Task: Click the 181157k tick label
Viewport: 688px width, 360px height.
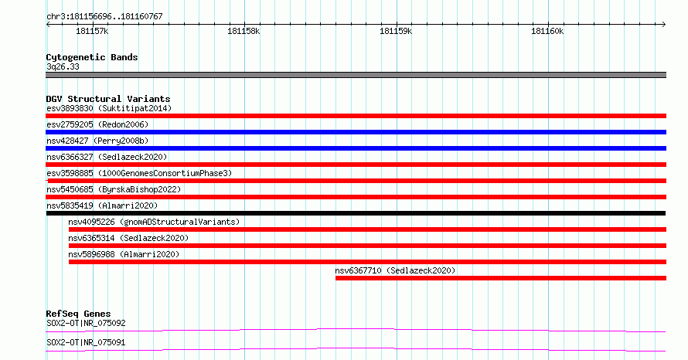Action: click(x=92, y=31)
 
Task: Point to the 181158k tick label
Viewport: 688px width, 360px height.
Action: click(x=244, y=31)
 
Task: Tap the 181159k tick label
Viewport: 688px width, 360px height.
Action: click(x=396, y=31)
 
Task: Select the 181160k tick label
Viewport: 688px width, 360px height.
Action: click(x=547, y=31)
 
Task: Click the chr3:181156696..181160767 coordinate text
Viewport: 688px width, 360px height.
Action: click(x=104, y=16)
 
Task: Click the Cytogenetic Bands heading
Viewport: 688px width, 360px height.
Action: click(x=92, y=57)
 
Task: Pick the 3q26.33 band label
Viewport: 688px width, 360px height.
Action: click(x=63, y=66)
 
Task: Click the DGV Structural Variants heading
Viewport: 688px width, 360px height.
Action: click(x=108, y=99)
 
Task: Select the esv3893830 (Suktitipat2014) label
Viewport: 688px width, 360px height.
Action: click(x=109, y=108)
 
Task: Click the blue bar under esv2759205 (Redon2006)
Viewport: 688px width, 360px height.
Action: click(x=356, y=132)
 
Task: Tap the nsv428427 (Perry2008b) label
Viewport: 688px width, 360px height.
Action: click(x=97, y=141)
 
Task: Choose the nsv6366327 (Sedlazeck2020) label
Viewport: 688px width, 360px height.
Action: click(x=107, y=157)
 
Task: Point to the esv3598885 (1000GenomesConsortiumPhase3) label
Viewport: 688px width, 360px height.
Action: click(x=139, y=173)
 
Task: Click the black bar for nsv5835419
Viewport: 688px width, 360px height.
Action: click(x=356, y=213)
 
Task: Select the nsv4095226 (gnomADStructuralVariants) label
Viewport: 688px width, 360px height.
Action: click(x=154, y=222)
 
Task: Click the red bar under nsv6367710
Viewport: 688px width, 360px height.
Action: click(x=501, y=278)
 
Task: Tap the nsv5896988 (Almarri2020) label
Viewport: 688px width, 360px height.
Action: click(x=124, y=254)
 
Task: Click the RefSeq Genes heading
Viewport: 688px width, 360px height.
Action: click(x=78, y=314)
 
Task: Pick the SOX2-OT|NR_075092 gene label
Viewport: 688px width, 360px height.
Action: click(x=86, y=323)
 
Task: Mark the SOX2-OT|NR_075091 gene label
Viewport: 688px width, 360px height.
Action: click(x=86, y=342)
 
